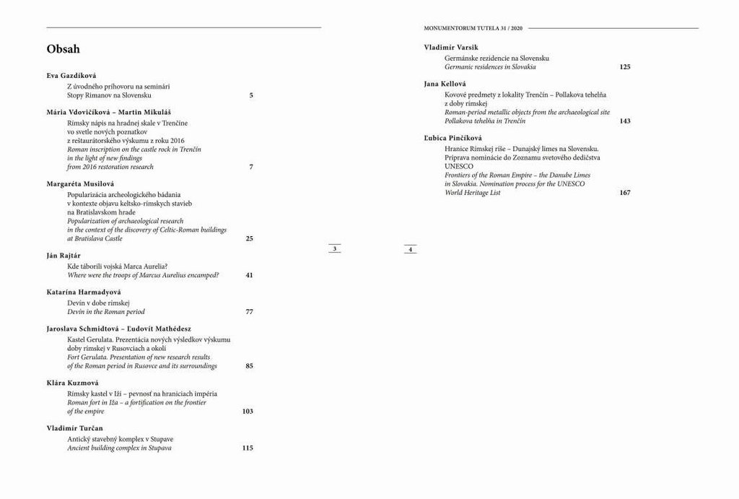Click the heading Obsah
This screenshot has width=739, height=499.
coord(63,50)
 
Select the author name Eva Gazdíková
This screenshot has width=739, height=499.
coord(71,75)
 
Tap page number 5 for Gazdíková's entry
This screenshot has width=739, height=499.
coord(251,95)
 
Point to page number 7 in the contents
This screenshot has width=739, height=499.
coord(251,167)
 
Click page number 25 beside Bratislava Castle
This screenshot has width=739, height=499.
coord(249,238)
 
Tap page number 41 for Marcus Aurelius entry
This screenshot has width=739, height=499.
coord(249,275)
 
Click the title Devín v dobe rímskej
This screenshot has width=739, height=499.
coord(98,303)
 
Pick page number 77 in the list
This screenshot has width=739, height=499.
coord(249,312)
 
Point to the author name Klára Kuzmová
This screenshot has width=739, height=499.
coord(72,383)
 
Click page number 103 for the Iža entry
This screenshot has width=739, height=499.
coord(248,411)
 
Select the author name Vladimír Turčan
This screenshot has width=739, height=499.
coord(75,428)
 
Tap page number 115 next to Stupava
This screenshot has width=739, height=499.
coord(248,448)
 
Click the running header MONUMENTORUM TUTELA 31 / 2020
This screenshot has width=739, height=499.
coord(473,28)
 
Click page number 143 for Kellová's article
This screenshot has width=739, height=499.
coord(625,121)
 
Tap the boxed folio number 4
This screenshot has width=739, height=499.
coord(410,250)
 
